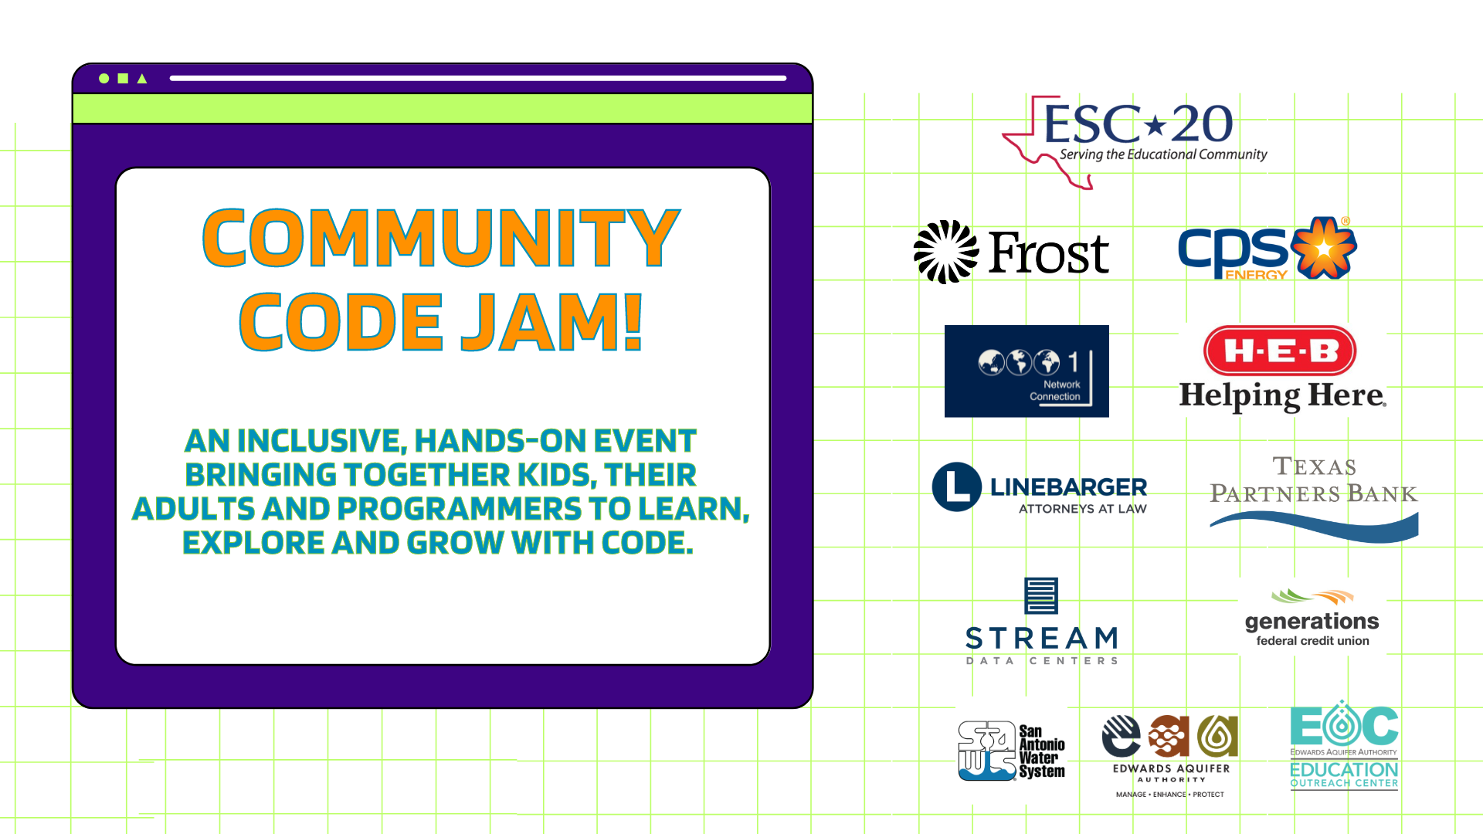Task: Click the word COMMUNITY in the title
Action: pos(441,238)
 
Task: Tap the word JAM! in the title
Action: pos(551,322)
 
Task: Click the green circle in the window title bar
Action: pos(104,79)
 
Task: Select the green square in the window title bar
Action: pos(123,79)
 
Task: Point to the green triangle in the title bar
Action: pos(142,79)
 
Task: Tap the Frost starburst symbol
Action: pos(945,253)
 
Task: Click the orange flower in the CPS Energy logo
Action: pos(1324,248)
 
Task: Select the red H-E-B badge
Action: pos(1280,351)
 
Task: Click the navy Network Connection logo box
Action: pos(1027,371)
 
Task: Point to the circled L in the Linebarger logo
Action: pos(957,487)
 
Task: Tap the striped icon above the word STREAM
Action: pos(1040,595)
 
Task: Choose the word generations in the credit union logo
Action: pos(1312,622)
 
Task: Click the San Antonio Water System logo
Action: pos(1011,751)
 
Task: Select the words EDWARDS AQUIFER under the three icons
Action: pos(1171,768)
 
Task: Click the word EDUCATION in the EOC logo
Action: pos(1344,770)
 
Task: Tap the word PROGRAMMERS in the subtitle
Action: pos(459,509)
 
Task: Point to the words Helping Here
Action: pos(1281,395)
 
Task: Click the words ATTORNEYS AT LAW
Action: pos(1082,509)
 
